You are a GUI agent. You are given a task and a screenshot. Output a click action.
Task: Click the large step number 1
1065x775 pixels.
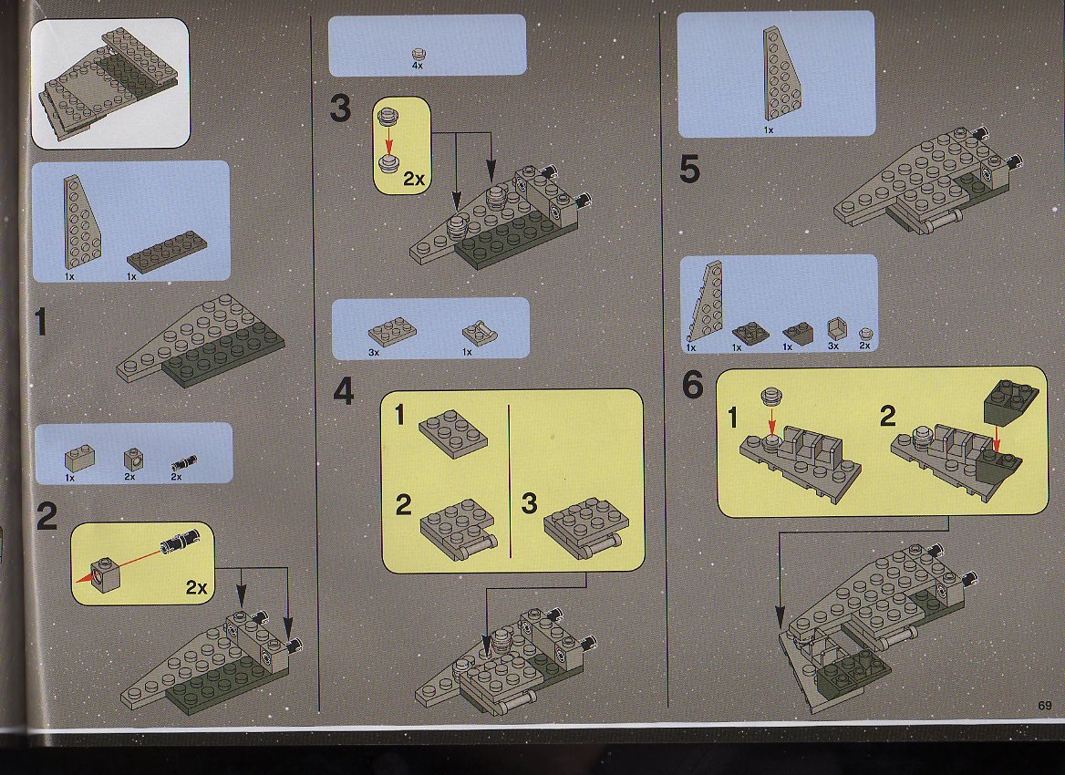click(x=41, y=322)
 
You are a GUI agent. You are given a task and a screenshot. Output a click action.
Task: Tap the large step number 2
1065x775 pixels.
click(x=47, y=517)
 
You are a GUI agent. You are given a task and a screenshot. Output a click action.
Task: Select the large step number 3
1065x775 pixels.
click(x=340, y=108)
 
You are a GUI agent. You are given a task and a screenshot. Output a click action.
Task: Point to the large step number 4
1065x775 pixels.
click(x=344, y=391)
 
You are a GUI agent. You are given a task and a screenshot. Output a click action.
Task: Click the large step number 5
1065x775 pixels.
click(x=689, y=170)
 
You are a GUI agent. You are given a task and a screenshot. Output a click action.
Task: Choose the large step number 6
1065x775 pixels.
click(x=693, y=385)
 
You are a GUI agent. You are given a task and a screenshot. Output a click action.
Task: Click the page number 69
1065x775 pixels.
click(x=1045, y=706)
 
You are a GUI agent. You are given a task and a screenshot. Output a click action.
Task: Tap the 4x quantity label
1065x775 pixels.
click(x=417, y=66)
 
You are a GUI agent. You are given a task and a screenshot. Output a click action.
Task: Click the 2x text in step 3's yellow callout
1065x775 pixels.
click(x=414, y=179)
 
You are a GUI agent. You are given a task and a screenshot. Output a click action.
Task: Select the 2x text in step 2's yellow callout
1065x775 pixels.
click(x=196, y=587)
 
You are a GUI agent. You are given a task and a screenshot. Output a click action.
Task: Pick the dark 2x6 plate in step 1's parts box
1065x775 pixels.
click(x=166, y=251)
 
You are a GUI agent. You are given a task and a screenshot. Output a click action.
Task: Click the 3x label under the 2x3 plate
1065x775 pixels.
click(x=374, y=353)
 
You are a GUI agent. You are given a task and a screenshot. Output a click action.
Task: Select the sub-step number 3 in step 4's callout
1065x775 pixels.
click(x=529, y=503)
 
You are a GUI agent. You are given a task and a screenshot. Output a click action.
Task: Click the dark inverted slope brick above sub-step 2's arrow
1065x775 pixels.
click(x=1010, y=401)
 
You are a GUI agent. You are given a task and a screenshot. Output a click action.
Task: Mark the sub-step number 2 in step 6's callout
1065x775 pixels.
click(x=887, y=416)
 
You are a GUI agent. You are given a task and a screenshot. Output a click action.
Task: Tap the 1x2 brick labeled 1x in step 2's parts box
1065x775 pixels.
click(x=79, y=458)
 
